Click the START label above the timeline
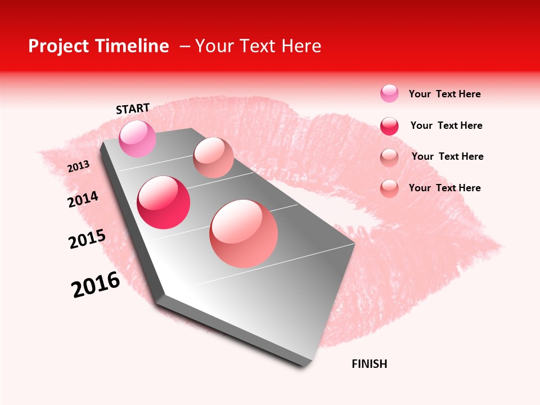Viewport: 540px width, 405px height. click(133, 109)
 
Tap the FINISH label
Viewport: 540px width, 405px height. click(369, 364)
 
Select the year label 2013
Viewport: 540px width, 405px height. click(78, 166)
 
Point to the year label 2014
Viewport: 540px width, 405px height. click(83, 199)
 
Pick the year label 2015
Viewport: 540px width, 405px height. click(87, 239)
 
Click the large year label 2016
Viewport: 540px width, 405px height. click(96, 285)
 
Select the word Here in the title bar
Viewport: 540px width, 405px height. click(301, 46)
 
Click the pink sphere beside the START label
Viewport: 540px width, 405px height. click(137, 138)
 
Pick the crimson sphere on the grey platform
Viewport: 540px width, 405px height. click(163, 202)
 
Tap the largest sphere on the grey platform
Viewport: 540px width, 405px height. click(244, 233)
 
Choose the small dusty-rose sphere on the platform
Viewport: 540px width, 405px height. click(213, 157)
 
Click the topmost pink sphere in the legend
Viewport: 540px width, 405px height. click(389, 93)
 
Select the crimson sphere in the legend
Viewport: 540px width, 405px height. click(389, 126)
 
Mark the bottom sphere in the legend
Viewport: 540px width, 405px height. click(389, 188)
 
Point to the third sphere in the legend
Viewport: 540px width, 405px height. click(389, 157)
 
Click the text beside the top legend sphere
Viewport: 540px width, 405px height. click(444, 94)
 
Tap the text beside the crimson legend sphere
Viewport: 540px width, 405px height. click(446, 125)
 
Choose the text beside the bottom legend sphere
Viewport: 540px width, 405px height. click(444, 188)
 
